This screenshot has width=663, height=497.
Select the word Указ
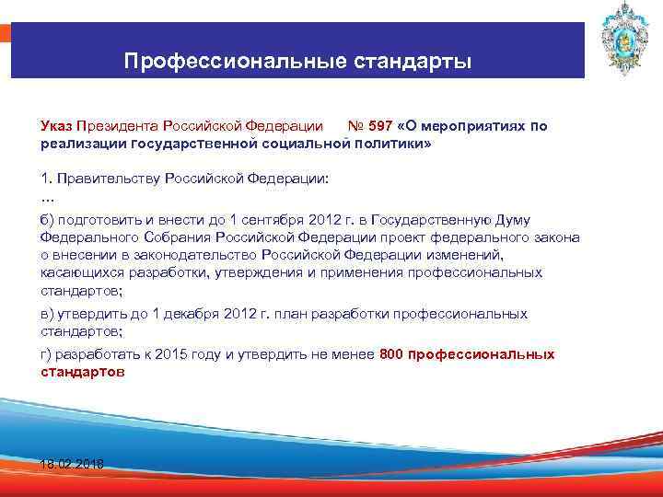tap(56, 126)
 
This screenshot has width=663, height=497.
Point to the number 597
tap(381, 126)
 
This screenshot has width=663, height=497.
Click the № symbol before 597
tap(355, 126)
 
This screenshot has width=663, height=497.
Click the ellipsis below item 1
tap(48, 196)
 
